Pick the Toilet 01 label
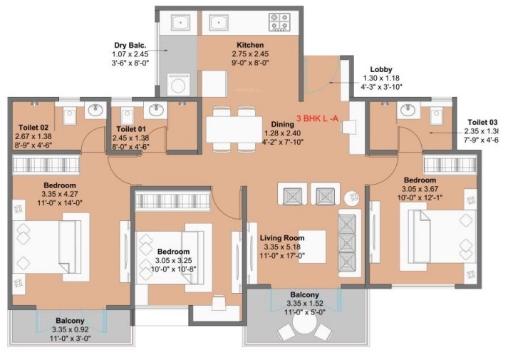point(133,129)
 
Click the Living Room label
point(281,238)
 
